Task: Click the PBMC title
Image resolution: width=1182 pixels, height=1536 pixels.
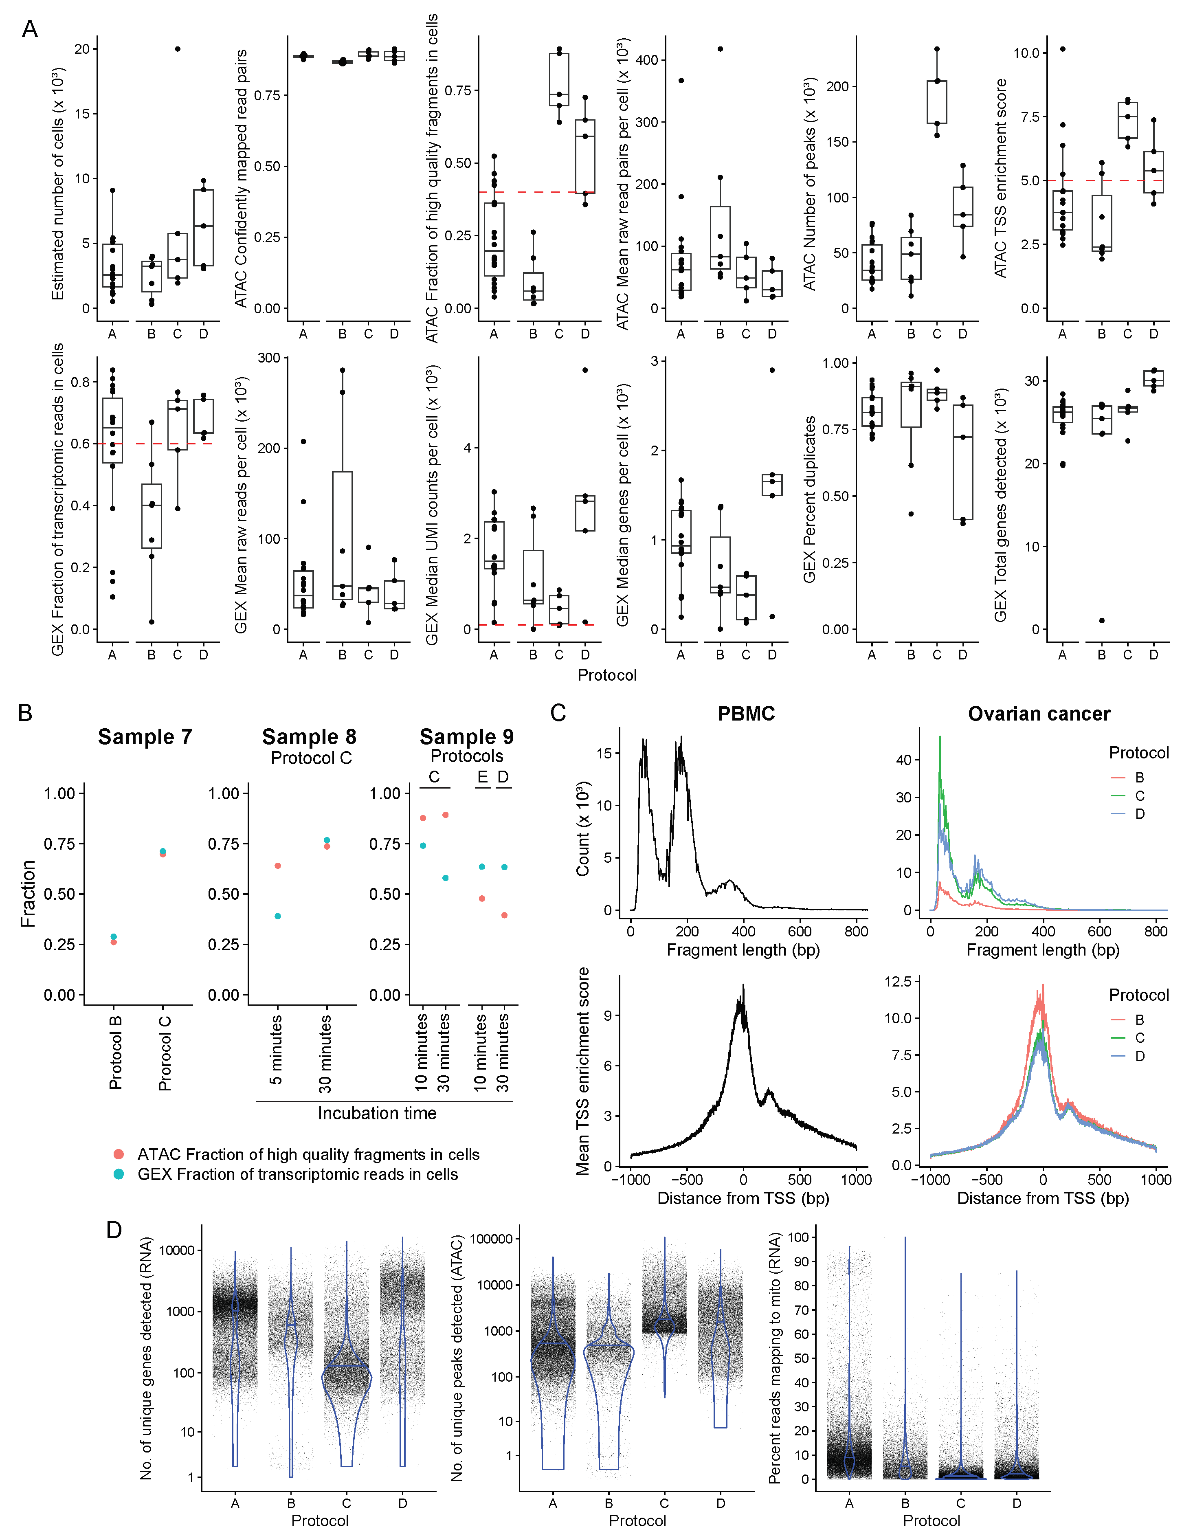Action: pos(746,714)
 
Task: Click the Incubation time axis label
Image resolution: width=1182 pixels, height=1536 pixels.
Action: pos(377,1113)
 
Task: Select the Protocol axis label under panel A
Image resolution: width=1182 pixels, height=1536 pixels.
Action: pos(607,675)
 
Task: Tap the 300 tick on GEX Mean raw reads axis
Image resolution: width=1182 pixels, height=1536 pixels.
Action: pos(269,358)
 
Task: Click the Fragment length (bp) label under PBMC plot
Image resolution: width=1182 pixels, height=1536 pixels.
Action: pos(743,950)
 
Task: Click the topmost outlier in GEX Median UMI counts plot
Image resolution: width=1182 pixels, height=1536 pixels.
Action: pos(585,370)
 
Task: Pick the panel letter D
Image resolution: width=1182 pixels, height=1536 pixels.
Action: pos(114,1230)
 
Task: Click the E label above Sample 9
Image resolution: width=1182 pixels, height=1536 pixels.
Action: pos(482,776)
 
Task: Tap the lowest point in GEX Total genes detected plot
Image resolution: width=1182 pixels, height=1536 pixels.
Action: pos(1102,620)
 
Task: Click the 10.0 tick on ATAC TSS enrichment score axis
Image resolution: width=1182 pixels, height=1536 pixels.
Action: pos(1026,53)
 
